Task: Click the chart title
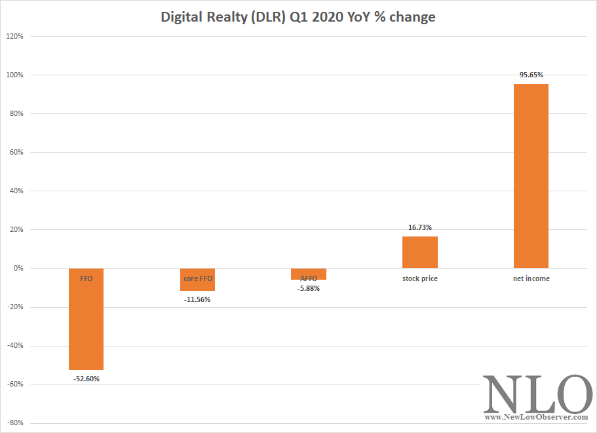[x=298, y=18]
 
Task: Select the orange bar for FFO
[x=86, y=328]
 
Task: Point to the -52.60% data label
[x=86, y=379]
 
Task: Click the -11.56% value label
[x=197, y=299]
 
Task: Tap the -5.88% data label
[x=309, y=289]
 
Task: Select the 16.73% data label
[x=420, y=227]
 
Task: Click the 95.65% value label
[x=531, y=75]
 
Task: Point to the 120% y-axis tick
[x=14, y=37]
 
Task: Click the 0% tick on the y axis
[x=18, y=269]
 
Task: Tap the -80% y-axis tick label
[x=14, y=423]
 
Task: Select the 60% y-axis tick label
[x=16, y=153]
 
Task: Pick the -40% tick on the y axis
[x=14, y=346]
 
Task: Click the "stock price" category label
[x=420, y=279]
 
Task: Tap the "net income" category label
[x=531, y=279]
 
